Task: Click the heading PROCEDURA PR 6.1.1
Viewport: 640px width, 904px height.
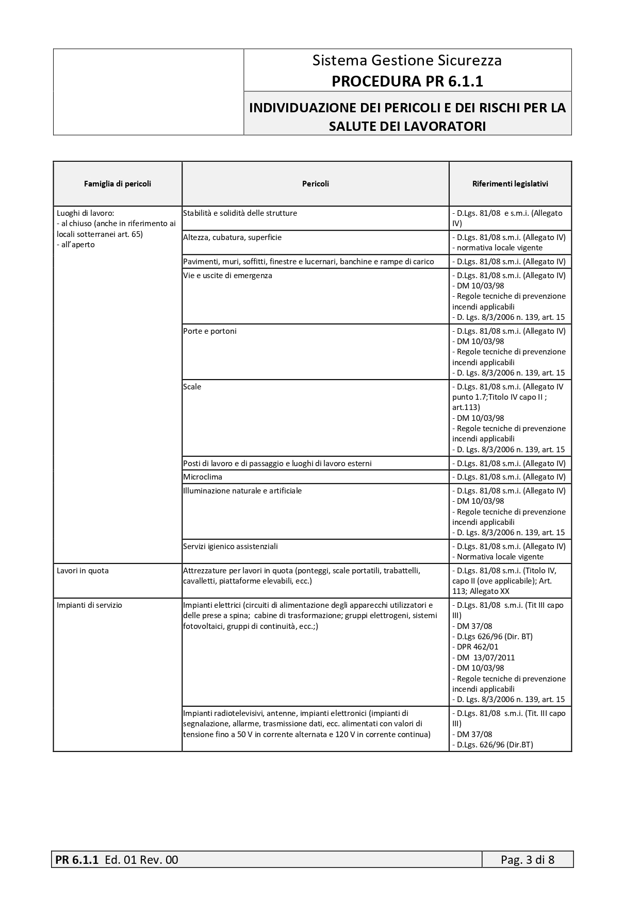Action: coord(407,81)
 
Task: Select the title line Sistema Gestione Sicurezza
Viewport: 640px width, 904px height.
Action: coord(407,60)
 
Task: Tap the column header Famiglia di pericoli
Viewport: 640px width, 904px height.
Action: coord(118,184)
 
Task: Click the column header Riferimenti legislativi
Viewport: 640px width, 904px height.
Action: coord(510,184)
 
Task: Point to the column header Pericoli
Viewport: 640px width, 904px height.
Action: coord(315,184)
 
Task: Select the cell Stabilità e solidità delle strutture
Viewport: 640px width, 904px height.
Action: coord(240,213)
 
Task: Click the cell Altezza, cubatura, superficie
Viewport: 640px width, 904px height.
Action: coord(233,237)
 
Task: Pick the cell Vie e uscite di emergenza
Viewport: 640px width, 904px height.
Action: coord(227,276)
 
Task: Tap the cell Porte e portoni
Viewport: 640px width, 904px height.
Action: coord(210,331)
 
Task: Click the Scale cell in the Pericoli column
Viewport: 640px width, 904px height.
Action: coord(192,387)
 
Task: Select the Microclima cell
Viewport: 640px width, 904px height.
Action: coord(203,477)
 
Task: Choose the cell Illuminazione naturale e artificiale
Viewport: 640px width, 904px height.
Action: coord(242,491)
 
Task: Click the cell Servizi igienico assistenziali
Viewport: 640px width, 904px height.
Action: coord(231,547)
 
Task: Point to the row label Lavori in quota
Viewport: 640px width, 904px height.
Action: coord(83,571)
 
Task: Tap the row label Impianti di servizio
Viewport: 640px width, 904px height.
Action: coord(89,605)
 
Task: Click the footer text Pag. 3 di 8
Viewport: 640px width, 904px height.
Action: coord(528,860)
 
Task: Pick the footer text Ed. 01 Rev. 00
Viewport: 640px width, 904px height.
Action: coord(141,860)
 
